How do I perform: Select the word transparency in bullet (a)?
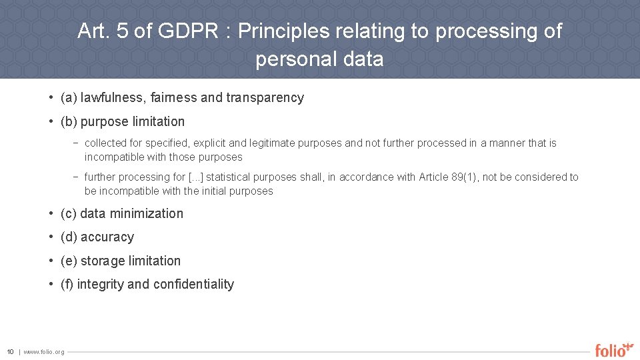[265, 98]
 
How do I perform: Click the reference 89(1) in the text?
[464, 177]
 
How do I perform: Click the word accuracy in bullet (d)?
[107, 237]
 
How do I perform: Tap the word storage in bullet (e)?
[101, 261]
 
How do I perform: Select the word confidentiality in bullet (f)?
[193, 285]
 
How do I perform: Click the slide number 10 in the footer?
[10, 352]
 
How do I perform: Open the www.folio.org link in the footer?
[44, 352]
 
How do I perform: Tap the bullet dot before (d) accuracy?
[51, 237]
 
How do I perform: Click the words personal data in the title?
[319, 59]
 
